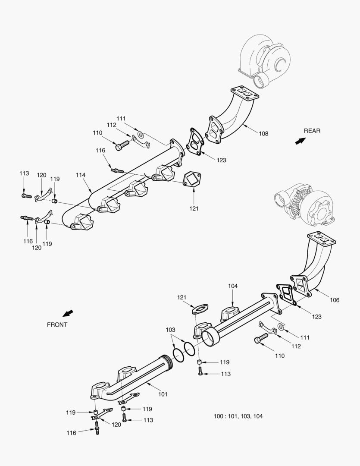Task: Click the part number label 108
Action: point(263,134)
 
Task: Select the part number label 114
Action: point(81,175)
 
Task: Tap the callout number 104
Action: point(233,286)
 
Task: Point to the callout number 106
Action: point(334,300)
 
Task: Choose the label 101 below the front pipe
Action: point(163,394)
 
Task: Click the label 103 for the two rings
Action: point(171,330)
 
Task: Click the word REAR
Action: point(312,131)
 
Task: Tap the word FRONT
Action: point(57,324)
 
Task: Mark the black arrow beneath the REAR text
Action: point(300,141)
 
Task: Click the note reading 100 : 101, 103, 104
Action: point(238,416)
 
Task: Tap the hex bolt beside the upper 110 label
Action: point(122,145)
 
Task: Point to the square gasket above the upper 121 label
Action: point(193,179)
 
